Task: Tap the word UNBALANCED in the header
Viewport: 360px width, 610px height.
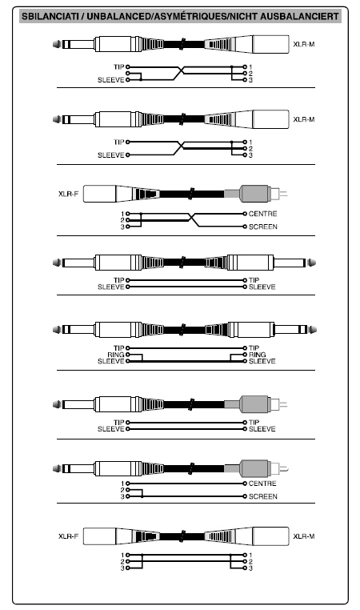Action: point(118,16)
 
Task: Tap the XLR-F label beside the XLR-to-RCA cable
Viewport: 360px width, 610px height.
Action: point(68,194)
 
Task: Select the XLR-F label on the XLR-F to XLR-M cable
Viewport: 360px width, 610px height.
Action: point(68,536)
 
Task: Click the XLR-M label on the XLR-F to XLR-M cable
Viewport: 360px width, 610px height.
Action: point(304,536)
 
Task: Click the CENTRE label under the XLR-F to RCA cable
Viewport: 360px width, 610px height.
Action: point(263,214)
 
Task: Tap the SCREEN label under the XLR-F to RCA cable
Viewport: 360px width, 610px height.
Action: point(263,227)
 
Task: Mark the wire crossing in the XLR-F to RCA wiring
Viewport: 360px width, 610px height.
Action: point(194,220)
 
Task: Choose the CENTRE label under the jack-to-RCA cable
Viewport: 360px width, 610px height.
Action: point(263,484)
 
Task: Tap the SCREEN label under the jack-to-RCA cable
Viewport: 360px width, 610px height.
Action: point(263,496)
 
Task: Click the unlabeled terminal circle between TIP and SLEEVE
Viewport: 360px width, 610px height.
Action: point(127,73)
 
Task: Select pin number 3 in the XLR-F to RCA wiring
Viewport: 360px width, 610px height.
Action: point(122,227)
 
